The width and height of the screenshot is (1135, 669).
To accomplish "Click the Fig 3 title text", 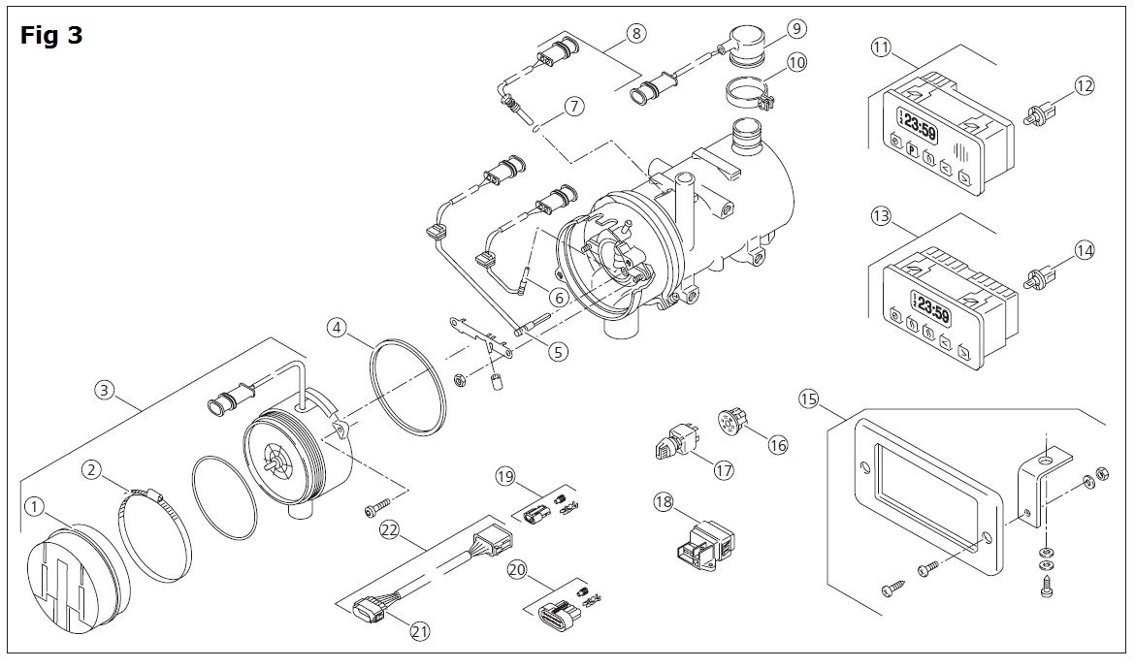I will (x=51, y=36).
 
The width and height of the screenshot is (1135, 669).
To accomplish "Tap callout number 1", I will (x=35, y=506).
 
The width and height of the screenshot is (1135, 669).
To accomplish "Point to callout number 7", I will (x=575, y=107).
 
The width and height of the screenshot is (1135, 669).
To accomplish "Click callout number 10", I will (x=797, y=63).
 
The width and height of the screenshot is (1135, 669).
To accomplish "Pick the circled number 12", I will (x=1085, y=86).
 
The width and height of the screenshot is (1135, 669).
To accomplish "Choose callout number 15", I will (x=809, y=398).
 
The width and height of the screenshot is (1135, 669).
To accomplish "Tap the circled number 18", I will (x=663, y=502).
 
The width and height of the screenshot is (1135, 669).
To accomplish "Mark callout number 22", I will (x=390, y=528).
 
